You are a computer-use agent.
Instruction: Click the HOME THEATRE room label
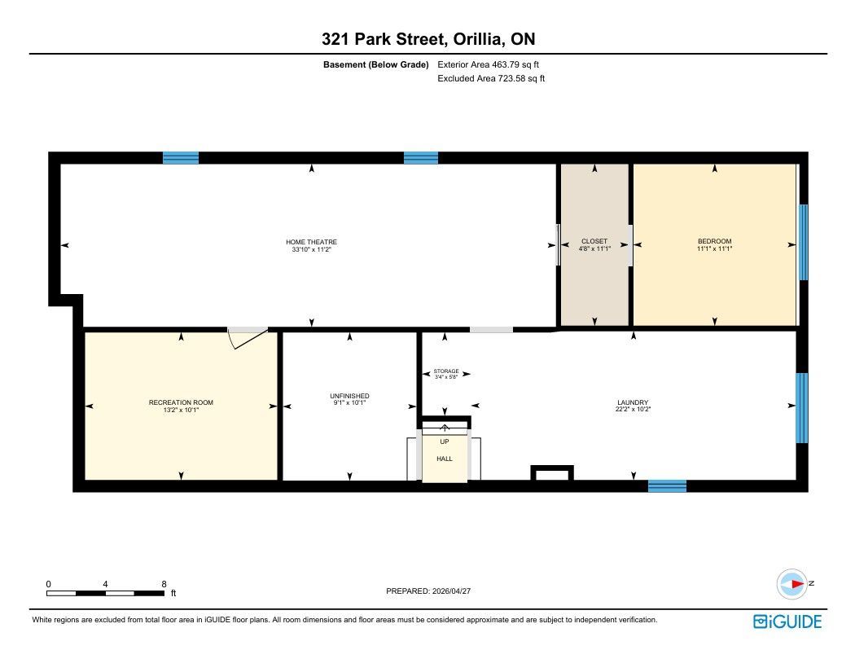311,242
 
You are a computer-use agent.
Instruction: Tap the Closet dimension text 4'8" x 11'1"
594,248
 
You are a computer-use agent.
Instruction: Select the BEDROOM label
714,241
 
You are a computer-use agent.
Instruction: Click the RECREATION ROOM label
181,402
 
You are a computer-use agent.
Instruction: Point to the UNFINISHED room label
349,396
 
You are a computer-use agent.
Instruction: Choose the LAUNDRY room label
633,402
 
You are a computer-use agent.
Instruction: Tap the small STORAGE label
446,371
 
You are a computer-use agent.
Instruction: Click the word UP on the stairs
445,441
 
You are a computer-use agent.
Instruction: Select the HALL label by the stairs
445,459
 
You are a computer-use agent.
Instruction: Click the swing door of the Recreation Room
248,337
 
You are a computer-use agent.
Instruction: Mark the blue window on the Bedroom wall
803,242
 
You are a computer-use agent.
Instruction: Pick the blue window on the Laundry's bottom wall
667,485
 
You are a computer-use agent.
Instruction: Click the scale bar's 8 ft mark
164,584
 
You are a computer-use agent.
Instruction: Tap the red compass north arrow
797,584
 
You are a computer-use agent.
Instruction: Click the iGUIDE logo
787,621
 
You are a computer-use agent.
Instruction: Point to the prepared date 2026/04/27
451,591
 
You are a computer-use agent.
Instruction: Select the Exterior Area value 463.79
505,64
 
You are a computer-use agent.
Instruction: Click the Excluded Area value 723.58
511,78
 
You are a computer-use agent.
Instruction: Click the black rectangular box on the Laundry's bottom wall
552,472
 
